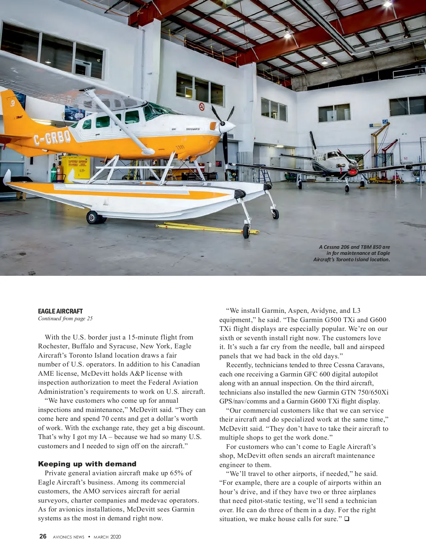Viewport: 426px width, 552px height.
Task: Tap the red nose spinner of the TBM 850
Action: coord(353,172)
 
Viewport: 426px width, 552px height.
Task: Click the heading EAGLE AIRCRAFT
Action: coord(60,311)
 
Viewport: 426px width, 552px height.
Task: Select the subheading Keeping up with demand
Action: coord(87,464)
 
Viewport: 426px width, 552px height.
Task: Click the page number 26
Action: coord(43,536)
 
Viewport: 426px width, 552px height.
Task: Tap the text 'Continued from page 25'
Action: coord(65,318)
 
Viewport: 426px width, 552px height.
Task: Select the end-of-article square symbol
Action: coord(346,519)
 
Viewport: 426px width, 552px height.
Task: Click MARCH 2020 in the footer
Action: coord(107,537)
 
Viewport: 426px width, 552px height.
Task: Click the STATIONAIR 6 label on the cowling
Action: coord(193,129)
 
